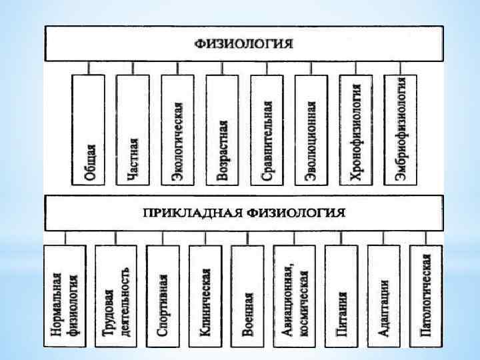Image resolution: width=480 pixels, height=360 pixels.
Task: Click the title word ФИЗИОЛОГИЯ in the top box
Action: pyautogui.click(x=244, y=43)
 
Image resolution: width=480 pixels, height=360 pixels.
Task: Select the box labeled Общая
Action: pyautogui.click(x=89, y=130)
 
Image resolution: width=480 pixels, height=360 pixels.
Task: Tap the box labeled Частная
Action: pyautogui.click(x=133, y=130)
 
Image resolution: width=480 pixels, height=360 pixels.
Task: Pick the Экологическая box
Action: pyautogui.click(x=177, y=130)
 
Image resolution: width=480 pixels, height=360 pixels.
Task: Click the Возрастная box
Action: pyautogui.click(x=222, y=130)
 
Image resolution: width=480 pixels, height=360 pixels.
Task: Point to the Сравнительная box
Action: pyautogui.click(x=267, y=130)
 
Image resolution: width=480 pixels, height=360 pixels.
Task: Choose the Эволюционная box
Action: pyautogui.click(x=311, y=130)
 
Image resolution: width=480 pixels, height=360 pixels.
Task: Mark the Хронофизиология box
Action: pyautogui.click(x=355, y=130)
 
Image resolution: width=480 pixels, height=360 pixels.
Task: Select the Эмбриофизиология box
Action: pyautogui.click(x=400, y=130)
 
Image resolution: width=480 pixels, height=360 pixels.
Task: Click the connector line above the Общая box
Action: pyautogui.click(x=89, y=67)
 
